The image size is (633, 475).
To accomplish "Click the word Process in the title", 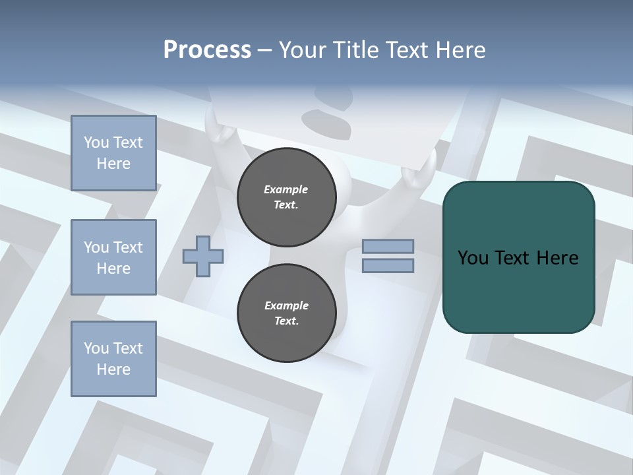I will pyautogui.click(x=207, y=50).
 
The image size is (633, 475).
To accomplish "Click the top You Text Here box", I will pyautogui.click(x=113, y=153).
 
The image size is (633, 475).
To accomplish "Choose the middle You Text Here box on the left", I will pyautogui.click(x=113, y=257).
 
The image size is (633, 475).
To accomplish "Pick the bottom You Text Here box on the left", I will pyautogui.click(x=113, y=359).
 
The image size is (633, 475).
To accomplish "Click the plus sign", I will pyautogui.click(x=203, y=255).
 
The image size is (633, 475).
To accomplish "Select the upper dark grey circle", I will pyautogui.click(x=286, y=197).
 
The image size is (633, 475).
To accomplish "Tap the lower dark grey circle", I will pyautogui.click(x=286, y=313).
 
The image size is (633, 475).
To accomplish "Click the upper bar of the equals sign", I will pyautogui.click(x=388, y=247).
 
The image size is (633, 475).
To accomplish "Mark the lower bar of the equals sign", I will pyautogui.click(x=388, y=265).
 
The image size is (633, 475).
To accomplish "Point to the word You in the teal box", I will pyautogui.click(x=473, y=258).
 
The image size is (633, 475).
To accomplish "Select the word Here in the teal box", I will pyautogui.click(x=557, y=258).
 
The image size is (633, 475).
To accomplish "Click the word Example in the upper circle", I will pyautogui.click(x=286, y=189).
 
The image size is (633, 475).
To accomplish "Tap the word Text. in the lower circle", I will pyautogui.click(x=286, y=321).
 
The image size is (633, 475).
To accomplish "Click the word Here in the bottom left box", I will pyautogui.click(x=113, y=369).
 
